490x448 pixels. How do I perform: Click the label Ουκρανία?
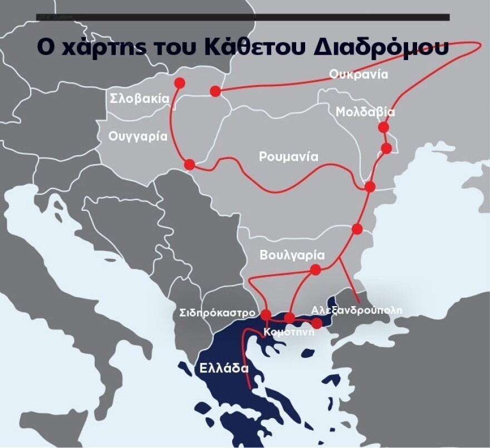tap(357, 75)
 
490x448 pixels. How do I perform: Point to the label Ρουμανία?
tap(288, 157)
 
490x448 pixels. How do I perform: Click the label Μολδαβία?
tap(365, 112)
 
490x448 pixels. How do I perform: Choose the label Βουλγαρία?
tap(292, 255)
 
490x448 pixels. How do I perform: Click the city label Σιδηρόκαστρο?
tap(218, 312)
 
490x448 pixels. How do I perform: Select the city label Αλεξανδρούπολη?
tap(356, 309)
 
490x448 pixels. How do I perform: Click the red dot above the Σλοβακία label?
tap(179, 83)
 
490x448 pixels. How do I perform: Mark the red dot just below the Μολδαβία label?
tap(383, 127)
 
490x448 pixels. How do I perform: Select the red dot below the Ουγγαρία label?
tap(189, 165)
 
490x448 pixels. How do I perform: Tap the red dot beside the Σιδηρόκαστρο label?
tap(266, 314)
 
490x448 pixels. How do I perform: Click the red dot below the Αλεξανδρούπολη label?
tap(316, 323)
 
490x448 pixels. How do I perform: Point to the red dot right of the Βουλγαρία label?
tap(315, 270)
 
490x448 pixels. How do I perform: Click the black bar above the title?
tap(243, 17)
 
